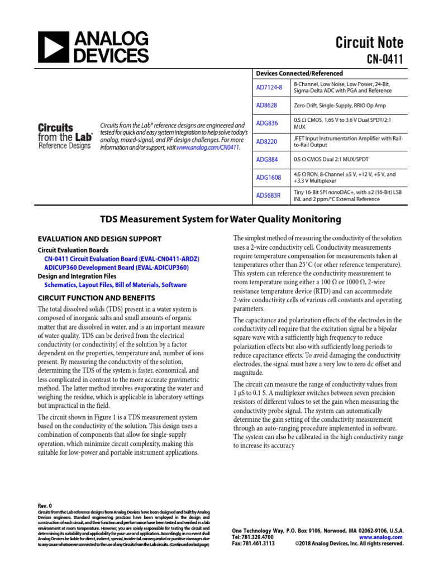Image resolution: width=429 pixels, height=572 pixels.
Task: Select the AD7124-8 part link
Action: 269,87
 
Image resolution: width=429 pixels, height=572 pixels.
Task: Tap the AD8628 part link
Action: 266,105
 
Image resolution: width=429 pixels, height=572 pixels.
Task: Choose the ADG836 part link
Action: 266,123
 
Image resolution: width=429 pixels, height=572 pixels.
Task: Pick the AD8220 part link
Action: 266,142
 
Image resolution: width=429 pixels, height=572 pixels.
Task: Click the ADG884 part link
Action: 266,159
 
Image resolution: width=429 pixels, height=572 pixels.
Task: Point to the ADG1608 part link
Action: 268,177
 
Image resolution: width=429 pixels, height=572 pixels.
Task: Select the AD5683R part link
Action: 268,196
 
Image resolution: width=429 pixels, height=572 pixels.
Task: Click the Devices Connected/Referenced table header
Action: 299,73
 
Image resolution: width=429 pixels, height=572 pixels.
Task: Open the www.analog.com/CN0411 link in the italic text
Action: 208,148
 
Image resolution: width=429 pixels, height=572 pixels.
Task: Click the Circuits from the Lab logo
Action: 65,136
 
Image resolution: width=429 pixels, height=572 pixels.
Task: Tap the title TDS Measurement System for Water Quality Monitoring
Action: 214,220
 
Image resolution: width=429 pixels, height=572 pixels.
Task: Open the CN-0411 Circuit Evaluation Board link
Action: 121,259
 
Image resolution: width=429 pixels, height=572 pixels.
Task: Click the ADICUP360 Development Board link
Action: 116,268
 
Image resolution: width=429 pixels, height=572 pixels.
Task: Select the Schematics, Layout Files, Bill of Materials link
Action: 116,284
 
